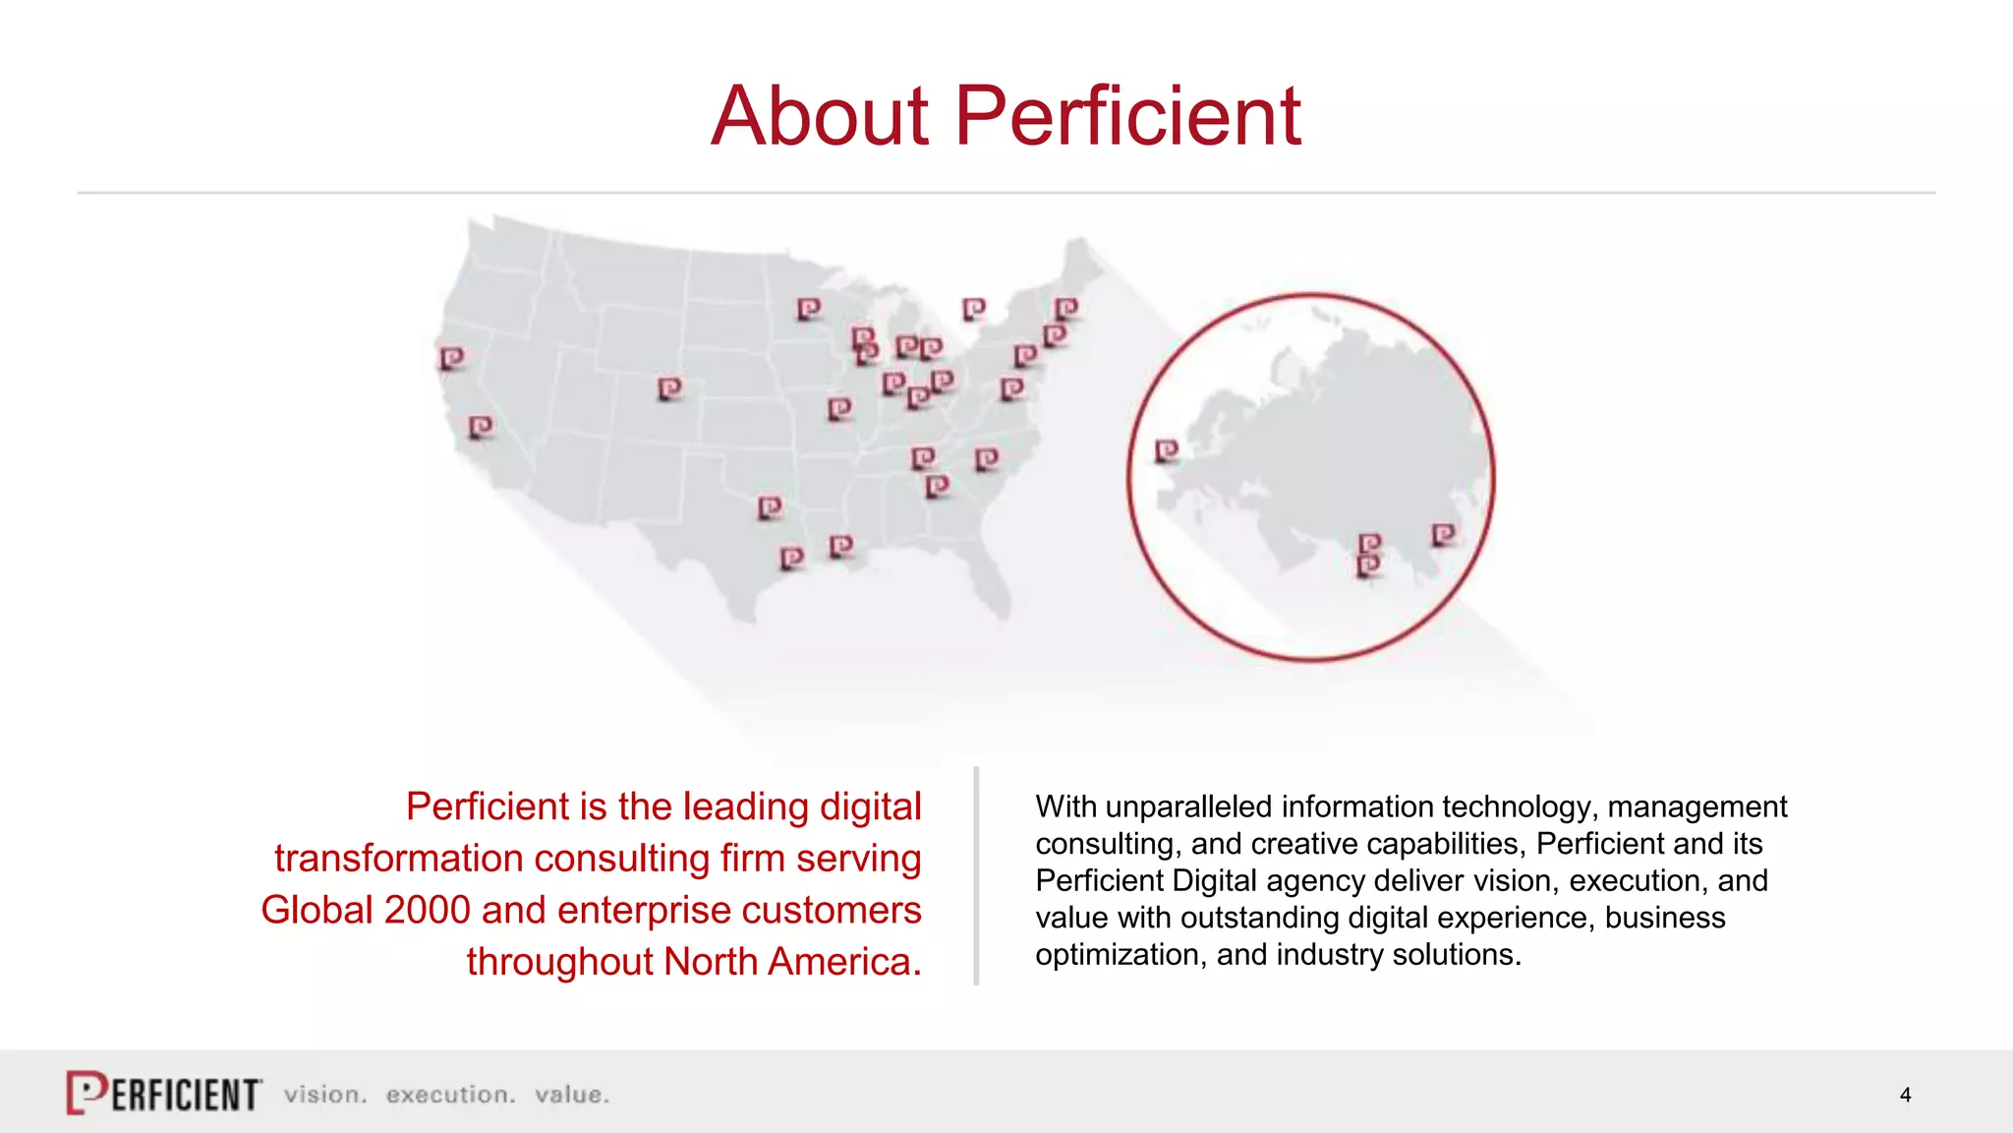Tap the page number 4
1905,1095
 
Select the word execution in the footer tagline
450,1095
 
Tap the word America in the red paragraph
844,962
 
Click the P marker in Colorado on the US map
669,389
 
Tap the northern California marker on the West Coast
451,358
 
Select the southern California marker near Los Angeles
481,427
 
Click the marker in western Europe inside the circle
1166,451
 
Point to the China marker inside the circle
1443,535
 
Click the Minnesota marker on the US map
808,310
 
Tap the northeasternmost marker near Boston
1066,310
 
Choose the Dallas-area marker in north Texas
770,507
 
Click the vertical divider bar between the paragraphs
976,875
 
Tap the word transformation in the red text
398,859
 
